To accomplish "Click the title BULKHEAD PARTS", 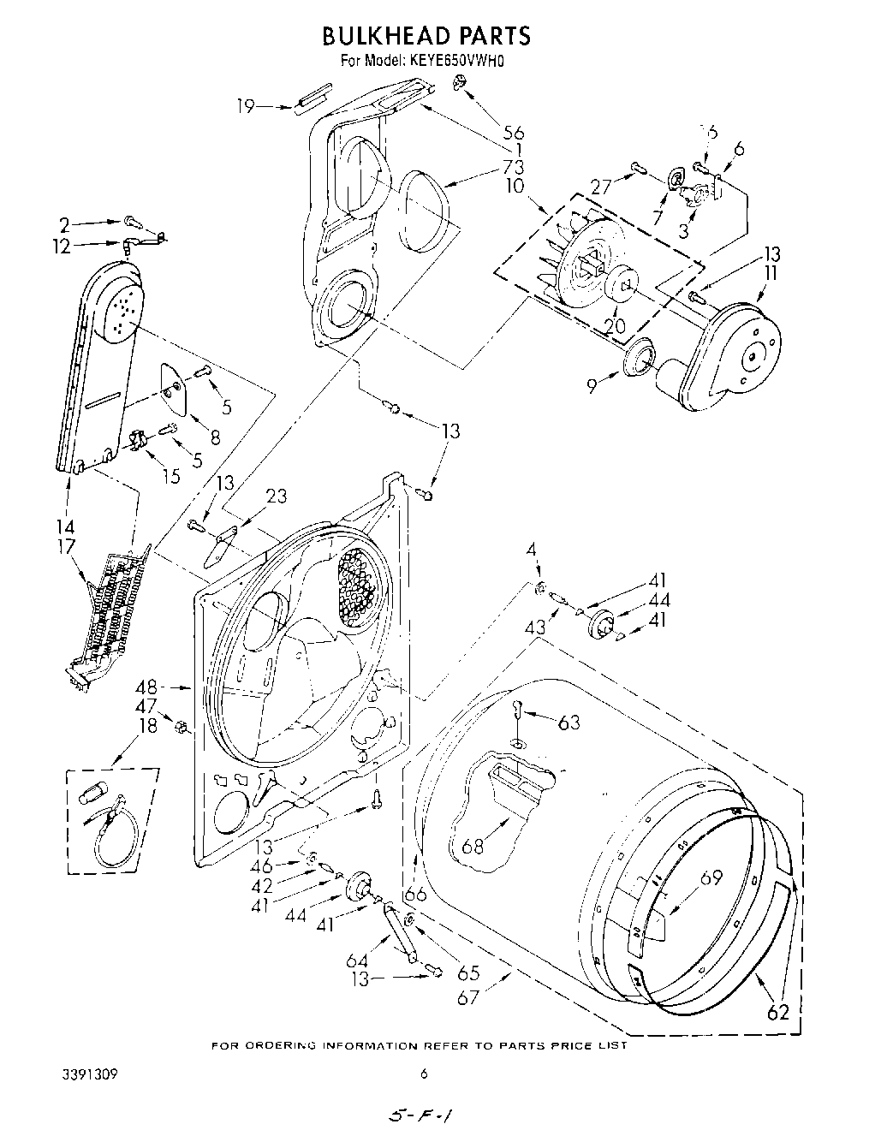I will (x=426, y=35).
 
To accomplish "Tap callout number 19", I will (x=246, y=106).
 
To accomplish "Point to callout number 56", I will (x=513, y=133).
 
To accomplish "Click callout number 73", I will (x=514, y=167).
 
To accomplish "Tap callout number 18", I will (x=148, y=725).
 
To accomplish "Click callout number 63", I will (x=568, y=723).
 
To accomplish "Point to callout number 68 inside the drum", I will (x=473, y=846).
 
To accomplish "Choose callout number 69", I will (x=711, y=878).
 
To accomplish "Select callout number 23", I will (x=277, y=496).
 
